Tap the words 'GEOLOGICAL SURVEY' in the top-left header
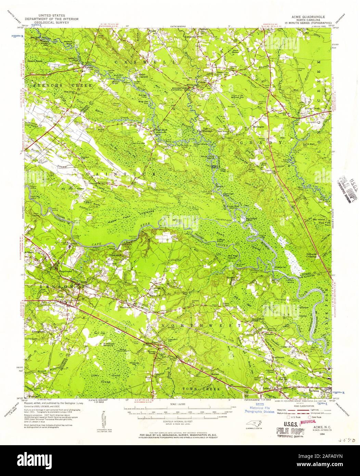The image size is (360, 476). point(53,22)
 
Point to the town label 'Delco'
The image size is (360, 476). point(61,297)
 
